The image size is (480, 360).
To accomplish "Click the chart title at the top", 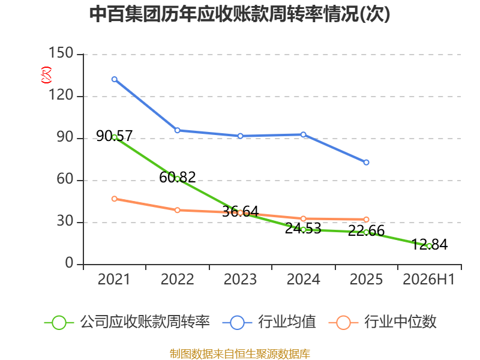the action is click(x=239, y=14).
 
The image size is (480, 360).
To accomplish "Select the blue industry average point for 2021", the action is click(x=115, y=79).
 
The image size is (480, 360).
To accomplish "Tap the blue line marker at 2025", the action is click(x=366, y=162).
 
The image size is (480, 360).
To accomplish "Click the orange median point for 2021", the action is click(x=115, y=199).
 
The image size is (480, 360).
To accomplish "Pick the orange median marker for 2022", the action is click(x=177, y=210).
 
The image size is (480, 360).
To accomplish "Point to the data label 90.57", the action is click(x=115, y=136).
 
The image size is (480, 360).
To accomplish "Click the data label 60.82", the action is click(x=177, y=177).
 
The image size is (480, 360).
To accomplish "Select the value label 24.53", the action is click(x=303, y=229).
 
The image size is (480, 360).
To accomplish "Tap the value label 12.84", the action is click(x=429, y=244).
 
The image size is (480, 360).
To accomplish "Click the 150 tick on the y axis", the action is click(x=61, y=53).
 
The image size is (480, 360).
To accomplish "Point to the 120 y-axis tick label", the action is click(x=61, y=95).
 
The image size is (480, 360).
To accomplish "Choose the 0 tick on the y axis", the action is click(x=69, y=263).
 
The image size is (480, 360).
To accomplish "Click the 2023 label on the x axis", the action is click(x=241, y=280).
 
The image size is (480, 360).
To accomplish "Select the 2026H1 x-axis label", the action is click(x=429, y=280).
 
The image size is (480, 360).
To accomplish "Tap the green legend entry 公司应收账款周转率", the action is click(x=127, y=322).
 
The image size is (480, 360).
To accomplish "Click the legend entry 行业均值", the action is click(x=269, y=322).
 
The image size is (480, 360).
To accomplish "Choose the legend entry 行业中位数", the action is click(x=382, y=322).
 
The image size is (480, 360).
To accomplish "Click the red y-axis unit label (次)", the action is click(x=46, y=75).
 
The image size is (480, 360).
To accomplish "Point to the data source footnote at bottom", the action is click(x=240, y=354).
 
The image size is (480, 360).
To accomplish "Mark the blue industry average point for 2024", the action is click(x=303, y=134).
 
